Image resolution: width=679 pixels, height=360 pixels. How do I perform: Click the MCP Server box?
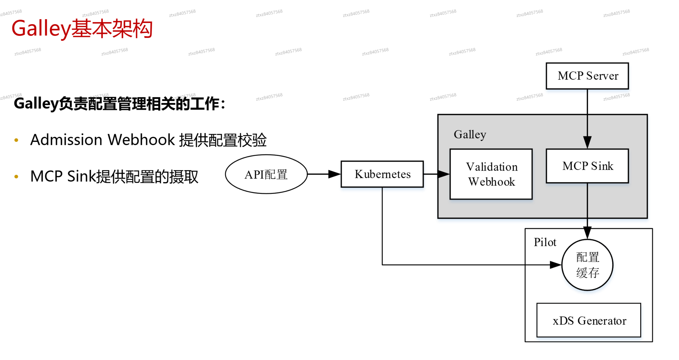coord(587,76)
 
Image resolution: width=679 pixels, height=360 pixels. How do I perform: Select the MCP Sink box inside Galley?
coord(587,166)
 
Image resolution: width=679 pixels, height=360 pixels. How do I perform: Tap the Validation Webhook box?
coord(491,174)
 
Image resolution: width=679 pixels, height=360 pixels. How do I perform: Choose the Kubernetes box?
coord(382,174)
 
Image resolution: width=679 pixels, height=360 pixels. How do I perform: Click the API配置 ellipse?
coord(266,174)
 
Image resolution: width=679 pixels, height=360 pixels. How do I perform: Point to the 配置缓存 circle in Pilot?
coord(587,265)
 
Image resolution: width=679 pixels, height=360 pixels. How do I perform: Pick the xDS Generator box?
coord(589,320)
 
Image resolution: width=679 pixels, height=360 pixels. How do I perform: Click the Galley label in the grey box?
coord(470,135)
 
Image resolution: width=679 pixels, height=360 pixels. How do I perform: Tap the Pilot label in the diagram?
coord(544,242)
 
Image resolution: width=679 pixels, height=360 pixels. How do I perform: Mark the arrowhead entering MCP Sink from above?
coord(587,142)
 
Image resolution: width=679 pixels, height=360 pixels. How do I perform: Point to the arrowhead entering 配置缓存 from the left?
coord(556,265)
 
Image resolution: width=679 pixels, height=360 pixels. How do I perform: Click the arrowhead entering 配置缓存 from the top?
coord(587,233)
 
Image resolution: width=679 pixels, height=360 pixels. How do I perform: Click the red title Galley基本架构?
coord(82,28)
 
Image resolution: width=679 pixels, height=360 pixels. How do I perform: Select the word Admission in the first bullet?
coord(66,139)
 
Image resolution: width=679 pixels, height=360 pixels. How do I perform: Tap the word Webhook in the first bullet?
coord(141,139)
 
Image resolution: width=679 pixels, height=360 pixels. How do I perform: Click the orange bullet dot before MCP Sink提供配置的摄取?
coord(16,176)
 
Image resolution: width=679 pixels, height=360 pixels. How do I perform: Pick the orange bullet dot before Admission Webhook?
coord(16,140)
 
